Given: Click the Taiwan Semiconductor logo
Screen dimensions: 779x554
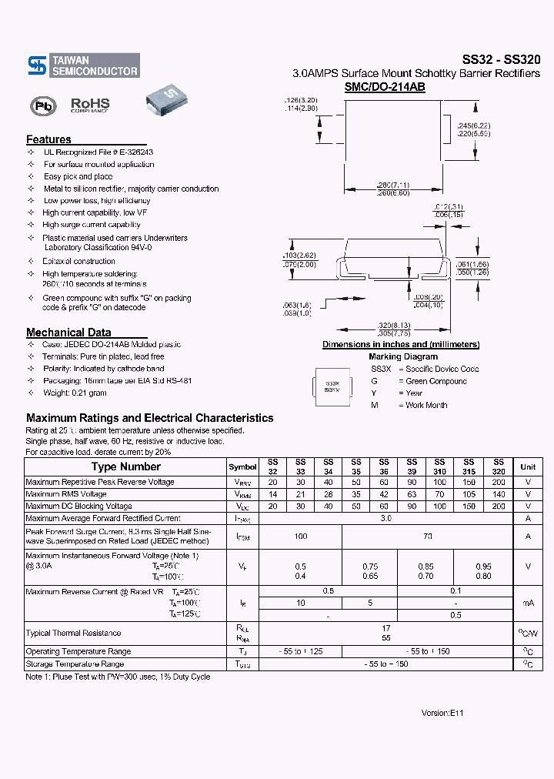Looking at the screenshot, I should [83, 65].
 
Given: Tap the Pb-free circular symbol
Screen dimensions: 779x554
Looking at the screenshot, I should [43, 105].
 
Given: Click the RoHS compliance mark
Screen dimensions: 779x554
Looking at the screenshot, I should [90, 105].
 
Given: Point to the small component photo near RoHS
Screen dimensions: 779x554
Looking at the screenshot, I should [168, 102].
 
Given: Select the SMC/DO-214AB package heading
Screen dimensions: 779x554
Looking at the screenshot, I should [385, 88].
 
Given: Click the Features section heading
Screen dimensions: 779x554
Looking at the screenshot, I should [48, 139].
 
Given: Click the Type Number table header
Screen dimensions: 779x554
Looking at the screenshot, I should [125, 466].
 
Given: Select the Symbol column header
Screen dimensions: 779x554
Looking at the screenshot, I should [242, 467].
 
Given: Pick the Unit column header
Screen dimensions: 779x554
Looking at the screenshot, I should [528, 467].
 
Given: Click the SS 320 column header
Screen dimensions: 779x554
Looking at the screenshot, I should [499, 467].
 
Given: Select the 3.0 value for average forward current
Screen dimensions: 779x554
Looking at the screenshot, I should [386, 519].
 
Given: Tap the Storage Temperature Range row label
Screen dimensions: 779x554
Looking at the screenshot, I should [75, 664].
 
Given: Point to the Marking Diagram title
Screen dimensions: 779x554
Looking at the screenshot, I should [402, 356].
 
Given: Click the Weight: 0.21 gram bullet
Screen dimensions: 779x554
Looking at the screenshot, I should [75, 393].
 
